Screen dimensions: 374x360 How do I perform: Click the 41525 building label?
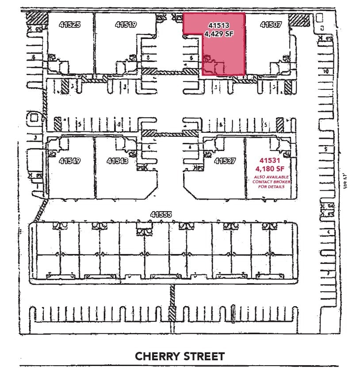[x=70, y=25]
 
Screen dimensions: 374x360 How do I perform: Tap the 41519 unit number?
[x=126, y=25]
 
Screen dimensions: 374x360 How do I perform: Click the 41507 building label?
[x=271, y=25]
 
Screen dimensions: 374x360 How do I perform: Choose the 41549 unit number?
[x=70, y=161]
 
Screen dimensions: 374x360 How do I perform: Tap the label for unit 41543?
[x=117, y=161]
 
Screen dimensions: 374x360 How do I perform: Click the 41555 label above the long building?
[x=161, y=215]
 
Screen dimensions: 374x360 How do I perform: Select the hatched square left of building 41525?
[x=36, y=19]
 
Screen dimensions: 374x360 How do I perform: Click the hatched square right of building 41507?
[x=299, y=20]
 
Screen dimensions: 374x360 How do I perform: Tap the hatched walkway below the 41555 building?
[x=172, y=305]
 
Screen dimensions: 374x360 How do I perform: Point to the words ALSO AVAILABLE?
[x=271, y=177]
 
